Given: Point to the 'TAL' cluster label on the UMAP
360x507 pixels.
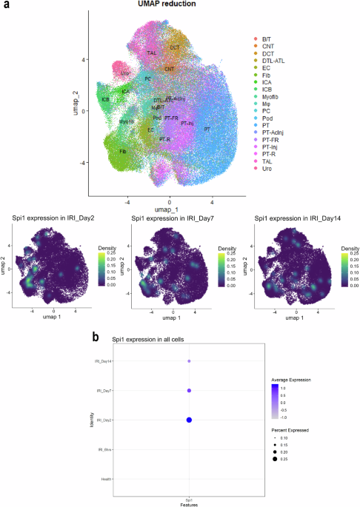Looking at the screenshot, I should pos(151,53).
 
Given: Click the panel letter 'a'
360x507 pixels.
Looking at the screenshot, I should pos(6,5).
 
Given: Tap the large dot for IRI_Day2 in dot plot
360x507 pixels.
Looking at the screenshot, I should pos(189,420).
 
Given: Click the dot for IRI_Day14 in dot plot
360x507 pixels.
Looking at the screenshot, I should pos(189,361).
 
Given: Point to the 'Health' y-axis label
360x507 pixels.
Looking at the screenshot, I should pos(107,479).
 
